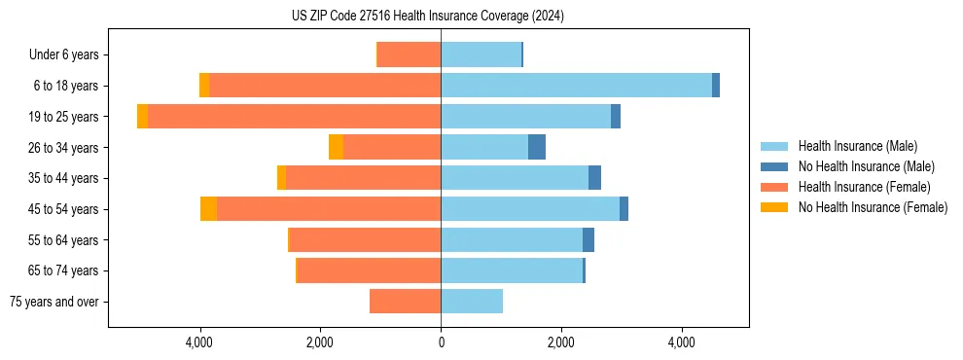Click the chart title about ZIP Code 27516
click(427, 16)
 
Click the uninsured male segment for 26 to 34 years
click(537, 147)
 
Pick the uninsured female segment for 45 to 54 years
click(208, 209)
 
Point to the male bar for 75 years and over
click(472, 302)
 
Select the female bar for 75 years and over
click(405, 302)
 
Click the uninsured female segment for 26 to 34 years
click(336, 147)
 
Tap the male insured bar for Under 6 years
click(481, 54)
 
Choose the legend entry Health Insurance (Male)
click(857, 146)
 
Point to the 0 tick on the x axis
click(441, 342)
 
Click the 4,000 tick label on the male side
click(681, 342)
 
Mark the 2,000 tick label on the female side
click(320, 342)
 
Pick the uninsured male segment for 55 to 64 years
click(588, 240)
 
